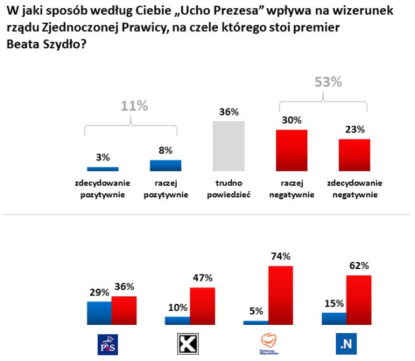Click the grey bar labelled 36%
pyautogui.click(x=228, y=146)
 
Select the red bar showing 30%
pyautogui.click(x=291, y=151)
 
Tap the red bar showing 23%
pyautogui.click(x=354, y=155)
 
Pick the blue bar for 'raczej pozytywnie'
pyautogui.click(x=165, y=166)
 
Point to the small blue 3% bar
pyautogui.click(x=103, y=169)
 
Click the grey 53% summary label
pyautogui.click(x=328, y=82)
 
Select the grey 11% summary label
pyautogui.click(x=134, y=106)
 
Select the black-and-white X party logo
pyautogui.click(x=186, y=344)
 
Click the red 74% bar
pyautogui.click(x=281, y=296)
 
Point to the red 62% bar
pyautogui.click(x=359, y=300)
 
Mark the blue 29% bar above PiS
pyautogui.click(x=99, y=313)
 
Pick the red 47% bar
pyautogui.click(x=203, y=306)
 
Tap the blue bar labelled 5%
pyautogui.click(x=255, y=322)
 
